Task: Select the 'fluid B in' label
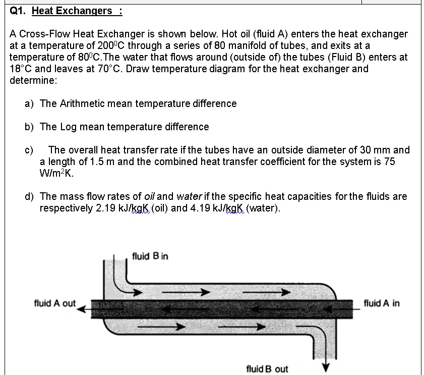[150, 256]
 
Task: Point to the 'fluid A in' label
[381, 303]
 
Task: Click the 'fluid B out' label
[267, 369]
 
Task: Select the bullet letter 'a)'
[30, 103]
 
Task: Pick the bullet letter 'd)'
[30, 196]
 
